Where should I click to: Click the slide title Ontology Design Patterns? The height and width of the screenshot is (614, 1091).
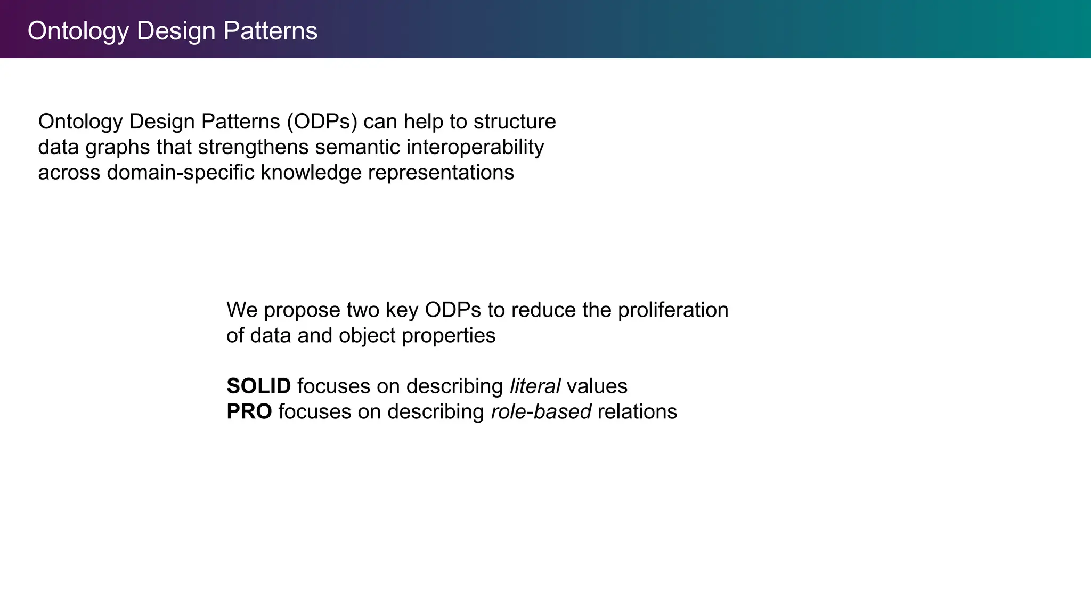pyautogui.click(x=172, y=31)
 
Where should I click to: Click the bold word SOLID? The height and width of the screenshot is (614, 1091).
pyautogui.click(x=258, y=386)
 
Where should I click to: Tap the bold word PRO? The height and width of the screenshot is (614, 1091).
pyautogui.click(x=249, y=411)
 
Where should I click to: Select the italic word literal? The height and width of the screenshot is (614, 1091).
pyautogui.click(x=535, y=386)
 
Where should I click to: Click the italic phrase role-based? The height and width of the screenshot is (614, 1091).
pyautogui.click(x=541, y=411)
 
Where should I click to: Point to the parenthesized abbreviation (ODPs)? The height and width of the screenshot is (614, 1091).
pyautogui.click(x=322, y=122)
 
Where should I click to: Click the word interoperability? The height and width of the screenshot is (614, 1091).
pyautogui.click(x=475, y=147)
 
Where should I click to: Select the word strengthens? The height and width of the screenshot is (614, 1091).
pyautogui.click(x=253, y=147)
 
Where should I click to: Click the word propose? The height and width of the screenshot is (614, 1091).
pyautogui.click(x=302, y=311)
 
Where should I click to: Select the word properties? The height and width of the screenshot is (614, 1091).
pyautogui.click(x=448, y=336)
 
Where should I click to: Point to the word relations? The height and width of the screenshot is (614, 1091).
pyautogui.click(x=637, y=411)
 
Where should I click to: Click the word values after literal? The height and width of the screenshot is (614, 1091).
pyautogui.click(x=597, y=386)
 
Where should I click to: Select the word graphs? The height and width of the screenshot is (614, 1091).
pyautogui.click(x=117, y=148)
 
